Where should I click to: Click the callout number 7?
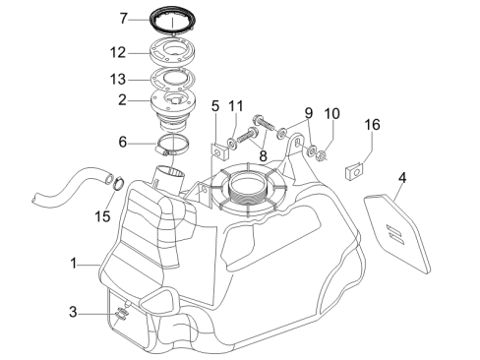tap(123, 19)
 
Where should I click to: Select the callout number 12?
tap(118, 52)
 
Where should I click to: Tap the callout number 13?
tap(118, 80)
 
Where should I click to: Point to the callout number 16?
tap(372, 125)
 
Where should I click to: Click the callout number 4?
tap(402, 178)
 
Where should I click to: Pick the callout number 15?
tap(102, 216)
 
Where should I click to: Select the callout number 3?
tap(73, 312)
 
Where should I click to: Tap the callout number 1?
tap(74, 264)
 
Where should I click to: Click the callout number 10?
tap(331, 114)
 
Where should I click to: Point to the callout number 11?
tap(236, 106)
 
